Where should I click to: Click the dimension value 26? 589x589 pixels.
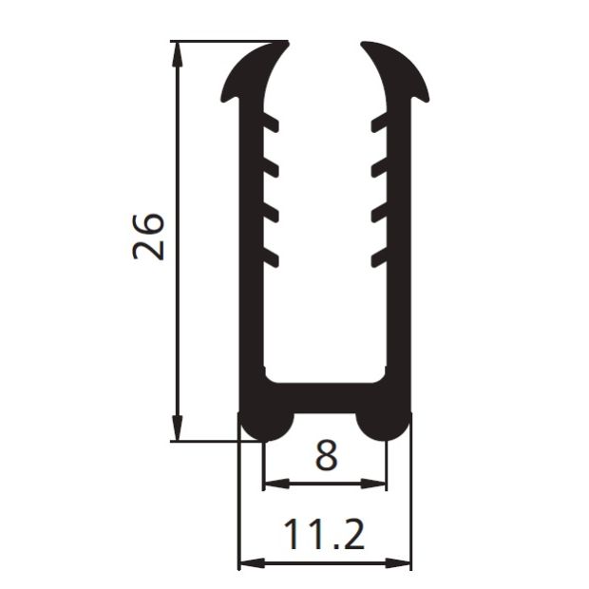pyautogui.click(x=149, y=237)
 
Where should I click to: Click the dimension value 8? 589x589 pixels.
pyautogui.click(x=325, y=456)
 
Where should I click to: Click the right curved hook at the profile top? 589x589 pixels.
pyautogui.click(x=398, y=71)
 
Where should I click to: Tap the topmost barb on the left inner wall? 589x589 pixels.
pyautogui.click(x=271, y=123)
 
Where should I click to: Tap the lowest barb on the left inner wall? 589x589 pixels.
pyautogui.click(x=271, y=256)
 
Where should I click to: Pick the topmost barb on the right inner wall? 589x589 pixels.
pyautogui.click(x=379, y=123)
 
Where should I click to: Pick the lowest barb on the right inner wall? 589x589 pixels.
pyautogui.click(x=379, y=256)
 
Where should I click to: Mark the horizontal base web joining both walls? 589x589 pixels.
pyautogui.click(x=325, y=395)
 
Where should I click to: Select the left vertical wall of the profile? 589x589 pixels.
pyautogui.click(x=250, y=285)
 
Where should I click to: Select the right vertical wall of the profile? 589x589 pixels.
pyautogui.click(x=400, y=285)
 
